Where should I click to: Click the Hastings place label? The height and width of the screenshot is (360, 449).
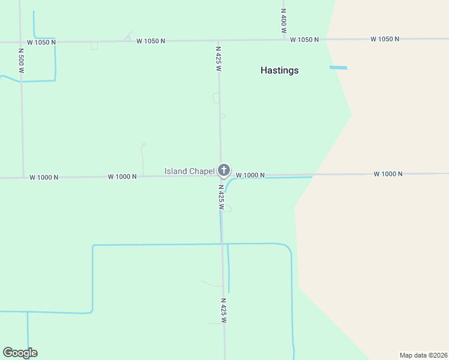(279, 70)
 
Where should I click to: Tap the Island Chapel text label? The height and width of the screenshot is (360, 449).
(189, 172)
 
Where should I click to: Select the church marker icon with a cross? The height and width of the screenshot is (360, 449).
(223, 170)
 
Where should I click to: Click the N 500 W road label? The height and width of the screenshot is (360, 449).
(21, 61)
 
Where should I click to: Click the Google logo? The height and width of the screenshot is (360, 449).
(20, 353)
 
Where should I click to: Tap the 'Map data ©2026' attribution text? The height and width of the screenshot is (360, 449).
(423, 355)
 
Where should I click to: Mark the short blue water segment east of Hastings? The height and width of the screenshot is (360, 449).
(338, 68)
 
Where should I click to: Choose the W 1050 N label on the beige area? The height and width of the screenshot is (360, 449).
(385, 39)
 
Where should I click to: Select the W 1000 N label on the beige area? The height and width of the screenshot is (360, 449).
(388, 174)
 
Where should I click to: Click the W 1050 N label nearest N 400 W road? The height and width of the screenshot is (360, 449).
(304, 40)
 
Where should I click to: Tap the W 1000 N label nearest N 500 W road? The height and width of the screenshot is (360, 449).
(44, 178)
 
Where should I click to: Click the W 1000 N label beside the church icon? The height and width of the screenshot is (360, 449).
(250, 175)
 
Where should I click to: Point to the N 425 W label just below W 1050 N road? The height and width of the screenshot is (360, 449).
(219, 58)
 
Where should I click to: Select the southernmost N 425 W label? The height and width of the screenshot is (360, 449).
(223, 311)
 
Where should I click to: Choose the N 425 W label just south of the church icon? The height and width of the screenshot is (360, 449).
(221, 197)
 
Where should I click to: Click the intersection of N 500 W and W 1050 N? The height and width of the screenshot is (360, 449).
(20, 42)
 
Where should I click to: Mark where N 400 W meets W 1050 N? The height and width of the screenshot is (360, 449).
(284, 40)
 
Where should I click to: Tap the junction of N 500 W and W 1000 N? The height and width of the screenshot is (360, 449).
(23, 178)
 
